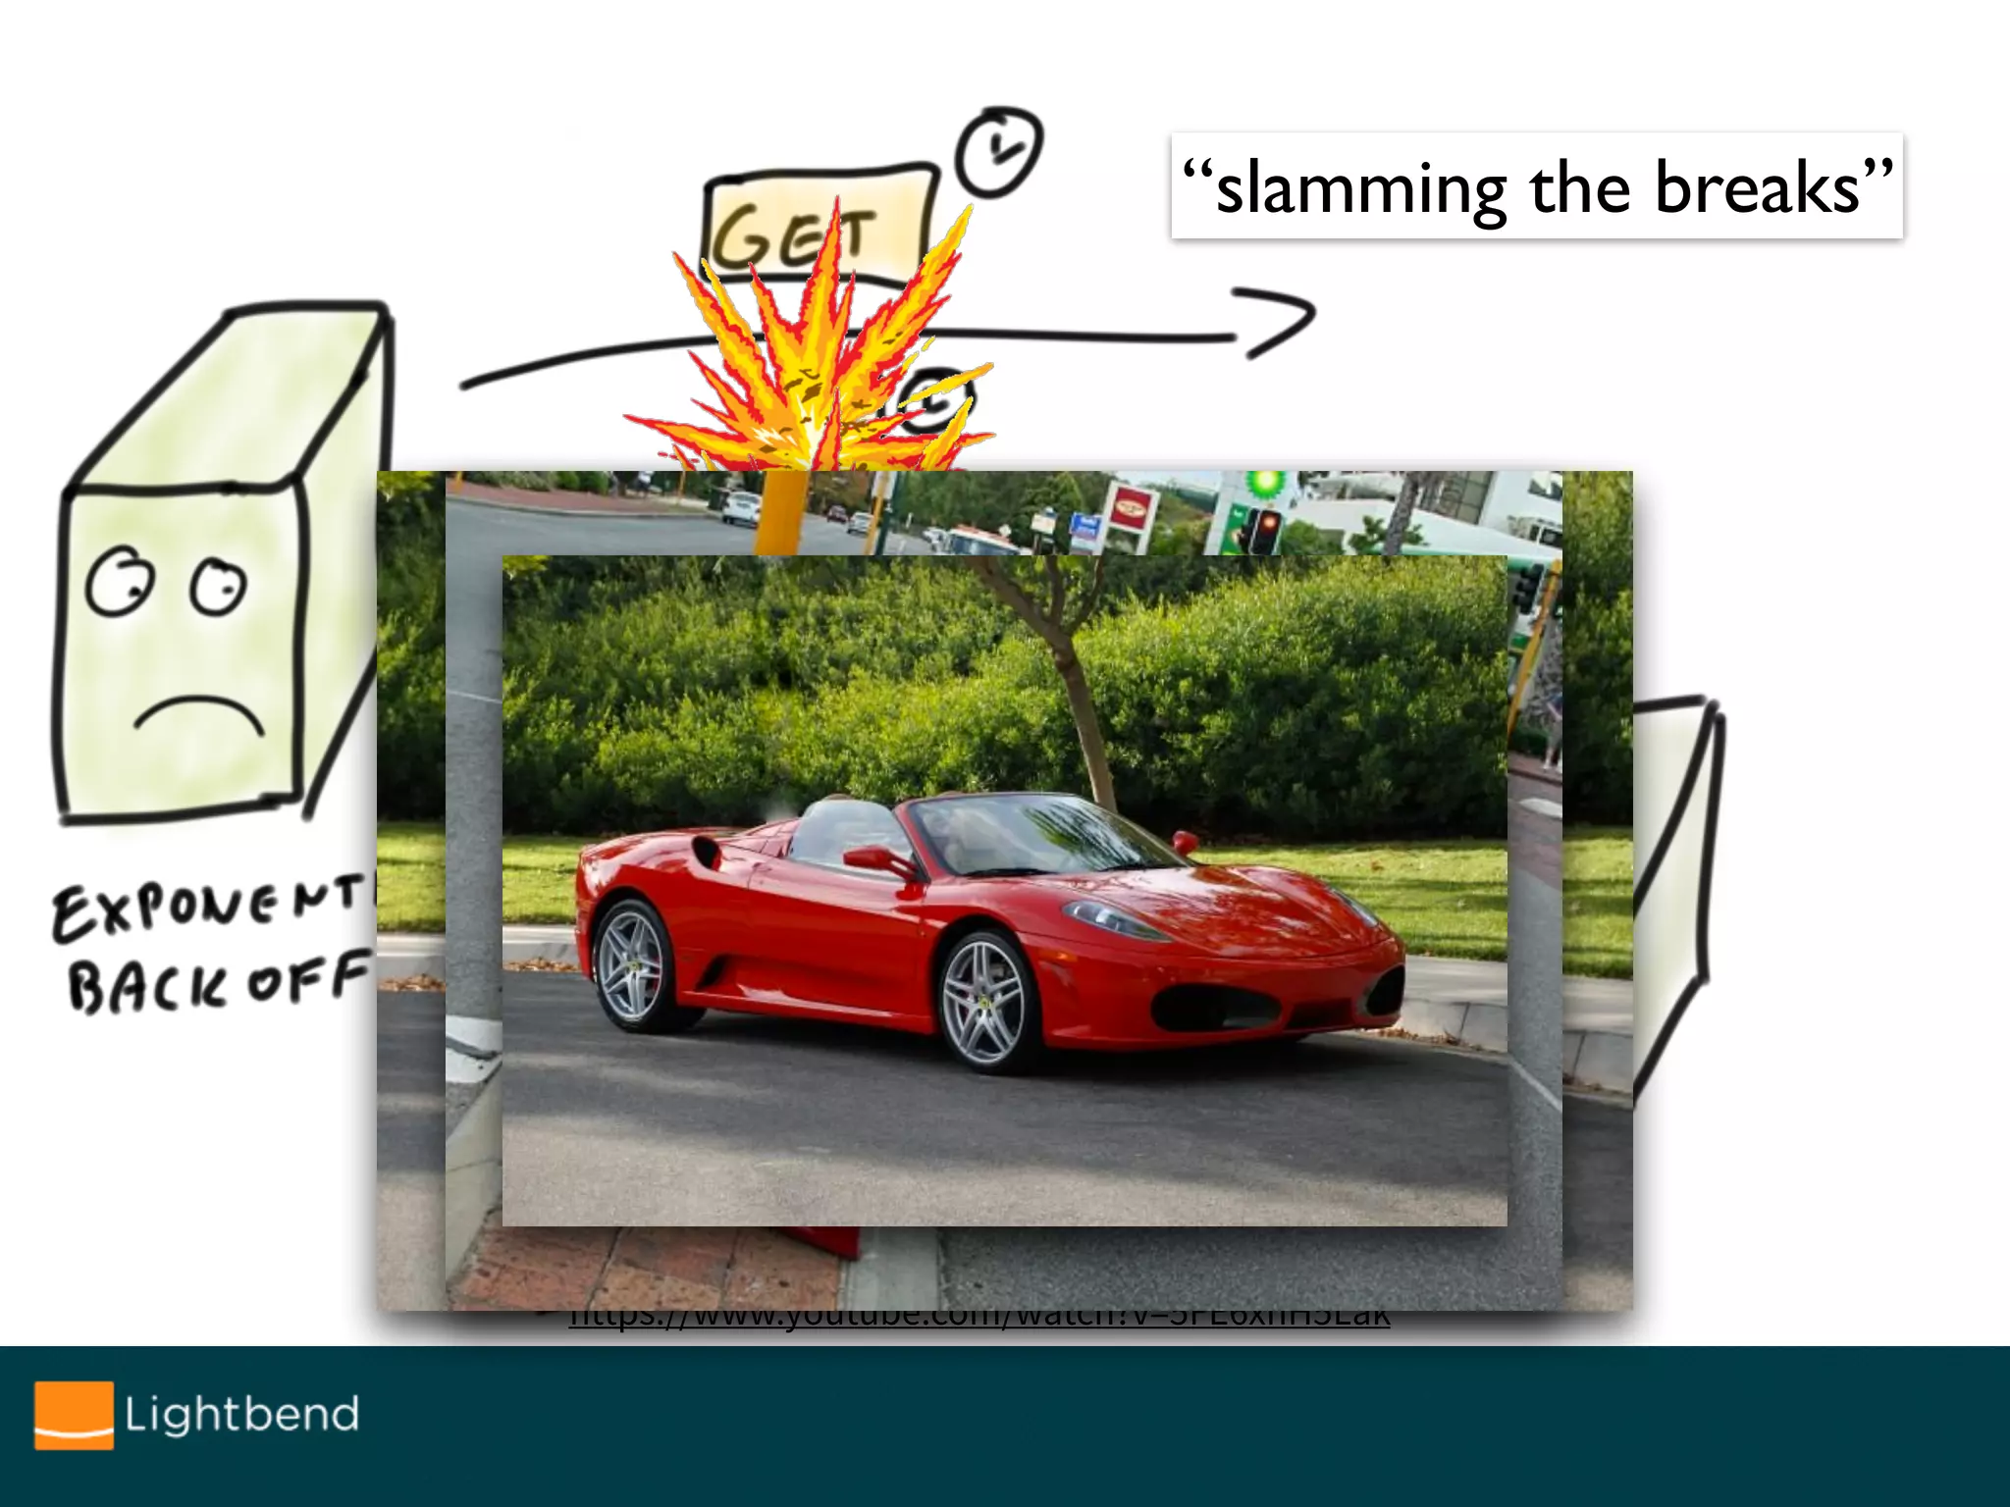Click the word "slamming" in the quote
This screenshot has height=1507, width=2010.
[x=1360, y=188]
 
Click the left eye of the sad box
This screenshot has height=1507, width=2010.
[x=120, y=581]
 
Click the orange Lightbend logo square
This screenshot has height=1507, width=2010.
[x=74, y=1415]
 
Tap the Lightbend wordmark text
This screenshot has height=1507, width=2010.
[x=241, y=1415]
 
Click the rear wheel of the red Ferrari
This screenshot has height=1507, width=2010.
[x=634, y=964]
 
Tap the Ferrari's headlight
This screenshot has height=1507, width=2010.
[x=1114, y=919]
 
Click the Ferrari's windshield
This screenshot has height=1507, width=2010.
[x=1040, y=833]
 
